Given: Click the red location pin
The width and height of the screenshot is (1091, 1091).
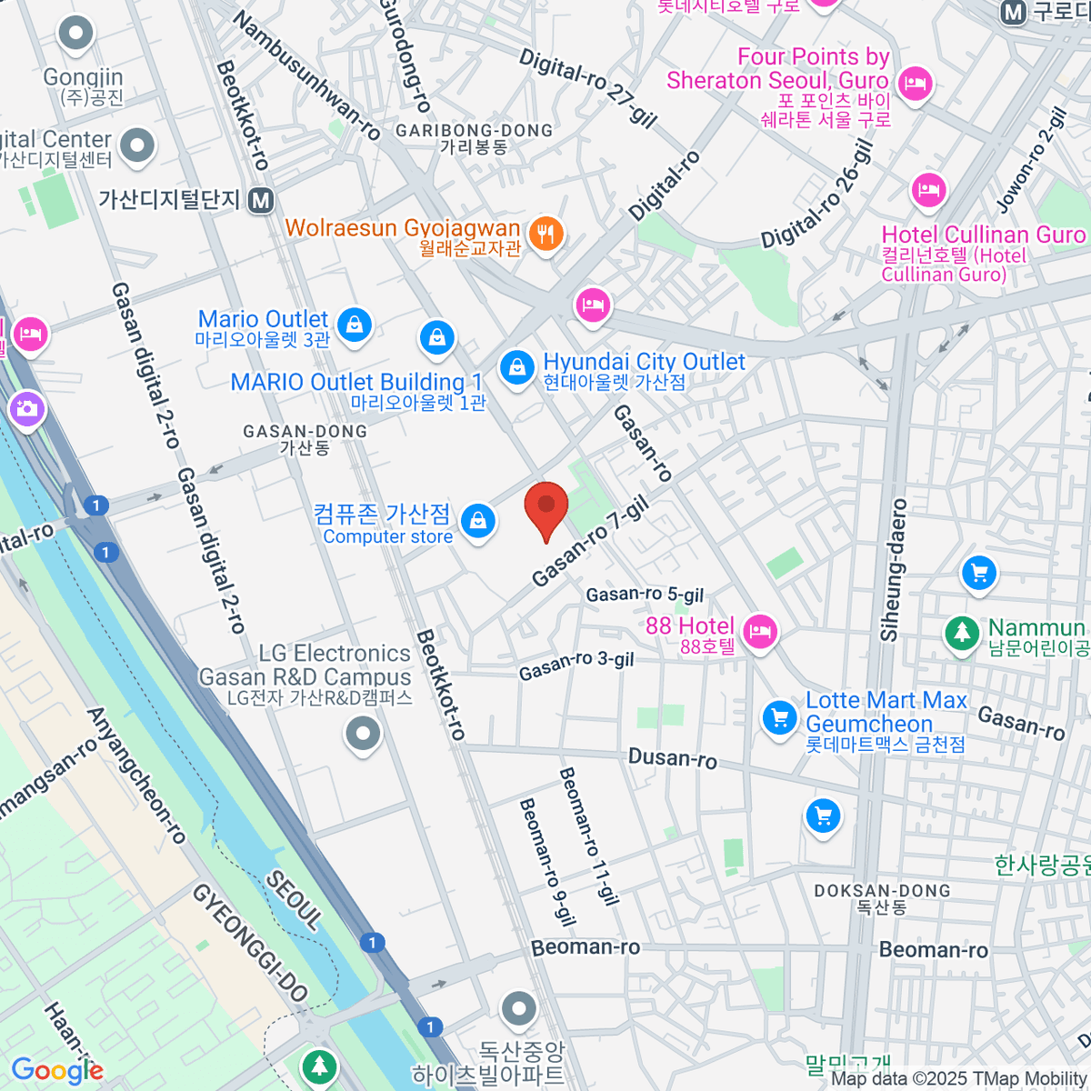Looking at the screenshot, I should (546, 509).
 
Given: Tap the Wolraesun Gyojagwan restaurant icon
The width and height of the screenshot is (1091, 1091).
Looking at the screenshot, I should (545, 235).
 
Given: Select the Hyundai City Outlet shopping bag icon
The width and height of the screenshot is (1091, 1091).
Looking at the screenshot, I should (516, 368).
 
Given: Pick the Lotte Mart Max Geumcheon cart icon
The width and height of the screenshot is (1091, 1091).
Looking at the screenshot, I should (779, 718).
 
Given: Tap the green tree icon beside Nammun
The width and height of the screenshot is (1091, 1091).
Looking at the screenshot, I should (961, 632).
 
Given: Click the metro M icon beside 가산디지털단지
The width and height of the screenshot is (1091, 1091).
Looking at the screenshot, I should (261, 200).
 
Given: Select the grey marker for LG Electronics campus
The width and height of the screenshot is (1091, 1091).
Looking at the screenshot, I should (363, 733).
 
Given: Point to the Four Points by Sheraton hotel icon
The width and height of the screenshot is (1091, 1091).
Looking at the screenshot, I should (914, 84).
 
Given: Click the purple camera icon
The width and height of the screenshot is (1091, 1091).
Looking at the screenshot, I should (27, 408).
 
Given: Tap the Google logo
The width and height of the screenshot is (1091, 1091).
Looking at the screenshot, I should (57, 1071).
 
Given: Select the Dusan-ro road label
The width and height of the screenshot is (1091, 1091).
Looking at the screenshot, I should (672, 757).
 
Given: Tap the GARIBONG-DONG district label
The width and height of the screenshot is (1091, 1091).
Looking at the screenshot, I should (474, 131).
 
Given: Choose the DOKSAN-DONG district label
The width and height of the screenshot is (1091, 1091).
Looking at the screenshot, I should (882, 891).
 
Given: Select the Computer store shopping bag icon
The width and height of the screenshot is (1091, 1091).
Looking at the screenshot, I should (477, 522).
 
